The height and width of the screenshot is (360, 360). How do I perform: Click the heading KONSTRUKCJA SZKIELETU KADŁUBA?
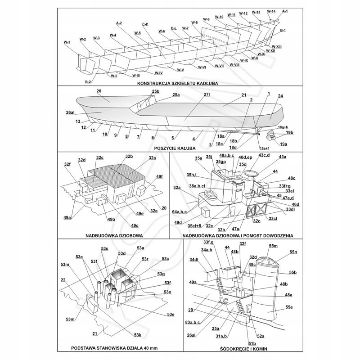179,83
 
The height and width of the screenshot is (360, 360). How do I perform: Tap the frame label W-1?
67,42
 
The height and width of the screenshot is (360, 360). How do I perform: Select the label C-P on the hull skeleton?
145,24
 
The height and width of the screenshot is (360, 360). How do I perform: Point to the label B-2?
89,81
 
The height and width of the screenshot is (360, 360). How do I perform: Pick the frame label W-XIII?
276,47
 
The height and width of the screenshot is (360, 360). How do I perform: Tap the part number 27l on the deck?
207,95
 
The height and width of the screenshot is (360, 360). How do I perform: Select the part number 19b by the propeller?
289,133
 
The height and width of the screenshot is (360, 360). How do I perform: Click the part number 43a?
282,157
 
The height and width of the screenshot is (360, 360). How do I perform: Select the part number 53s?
104,248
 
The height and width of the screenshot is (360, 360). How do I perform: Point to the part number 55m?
273,246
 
